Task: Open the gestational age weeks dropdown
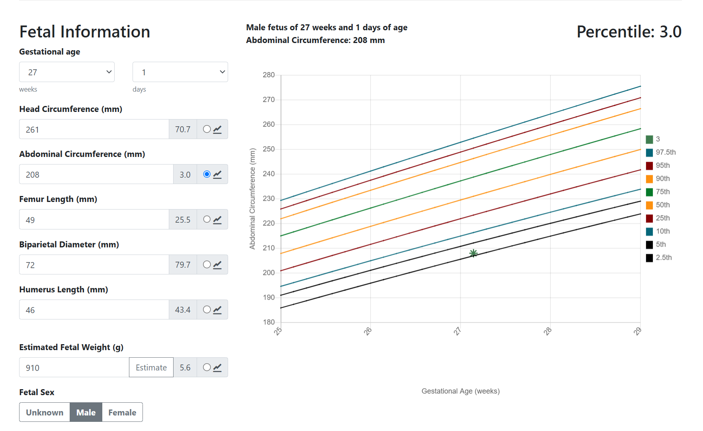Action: point(67,72)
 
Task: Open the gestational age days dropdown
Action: point(180,72)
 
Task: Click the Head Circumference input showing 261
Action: point(94,129)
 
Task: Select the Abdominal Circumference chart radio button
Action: point(207,174)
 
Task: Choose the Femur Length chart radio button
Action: point(207,219)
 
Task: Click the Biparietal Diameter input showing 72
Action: point(94,265)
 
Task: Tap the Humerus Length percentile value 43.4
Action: point(183,310)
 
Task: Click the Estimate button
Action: point(151,368)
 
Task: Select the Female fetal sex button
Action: point(122,412)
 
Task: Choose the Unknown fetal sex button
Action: point(45,412)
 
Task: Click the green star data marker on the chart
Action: point(473,253)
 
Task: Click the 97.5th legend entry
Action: point(660,152)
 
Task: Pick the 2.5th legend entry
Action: point(660,258)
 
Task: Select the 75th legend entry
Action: point(659,192)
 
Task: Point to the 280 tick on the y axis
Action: point(269,75)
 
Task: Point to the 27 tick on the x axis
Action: point(458,331)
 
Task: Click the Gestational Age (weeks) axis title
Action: point(461,391)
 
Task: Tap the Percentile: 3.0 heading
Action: point(629,32)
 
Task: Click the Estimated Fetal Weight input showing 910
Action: point(74,368)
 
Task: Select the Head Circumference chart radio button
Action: point(207,129)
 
